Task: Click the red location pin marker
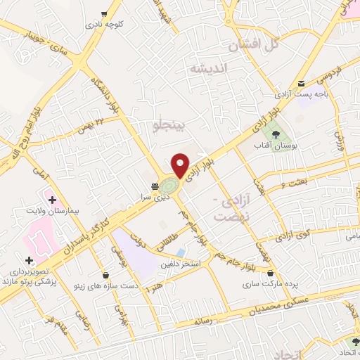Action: pyautogui.click(x=181, y=165)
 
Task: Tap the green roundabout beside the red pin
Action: pyautogui.click(x=169, y=186)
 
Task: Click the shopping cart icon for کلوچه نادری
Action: pyautogui.click(x=104, y=13)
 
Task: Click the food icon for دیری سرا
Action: pyautogui.click(x=154, y=186)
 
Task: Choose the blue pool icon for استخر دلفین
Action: pyautogui.click(x=181, y=252)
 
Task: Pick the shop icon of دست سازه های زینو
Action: pyautogui.click(x=105, y=274)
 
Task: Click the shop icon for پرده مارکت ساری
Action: pyautogui.click(x=271, y=273)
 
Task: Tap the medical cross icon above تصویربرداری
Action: pyautogui.click(x=28, y=260)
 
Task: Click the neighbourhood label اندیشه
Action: pyautogui.click(x=209, y=69)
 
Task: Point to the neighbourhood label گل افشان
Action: pyautogui.click(x=253, y=45)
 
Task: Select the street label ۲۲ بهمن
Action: pyautogui.click(x=91, y=124)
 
